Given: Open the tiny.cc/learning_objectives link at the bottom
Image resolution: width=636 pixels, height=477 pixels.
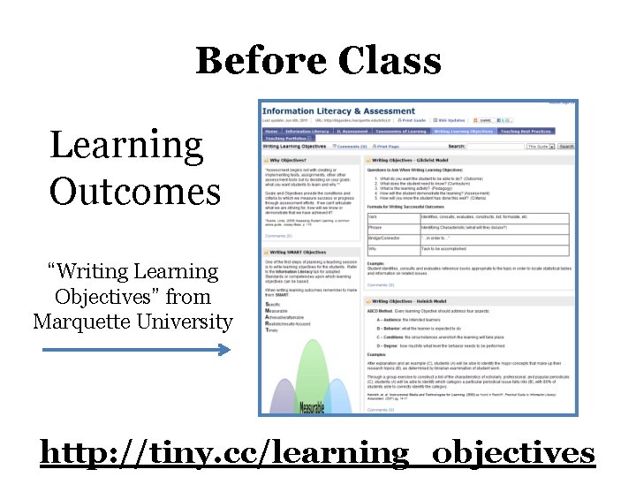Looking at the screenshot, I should [317, 453].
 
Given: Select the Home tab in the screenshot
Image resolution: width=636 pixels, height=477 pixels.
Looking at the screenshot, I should [271, 132].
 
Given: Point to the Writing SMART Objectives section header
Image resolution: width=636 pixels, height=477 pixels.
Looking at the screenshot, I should [300, 253].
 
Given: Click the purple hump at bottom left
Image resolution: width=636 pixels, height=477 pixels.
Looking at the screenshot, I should [280, 397].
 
